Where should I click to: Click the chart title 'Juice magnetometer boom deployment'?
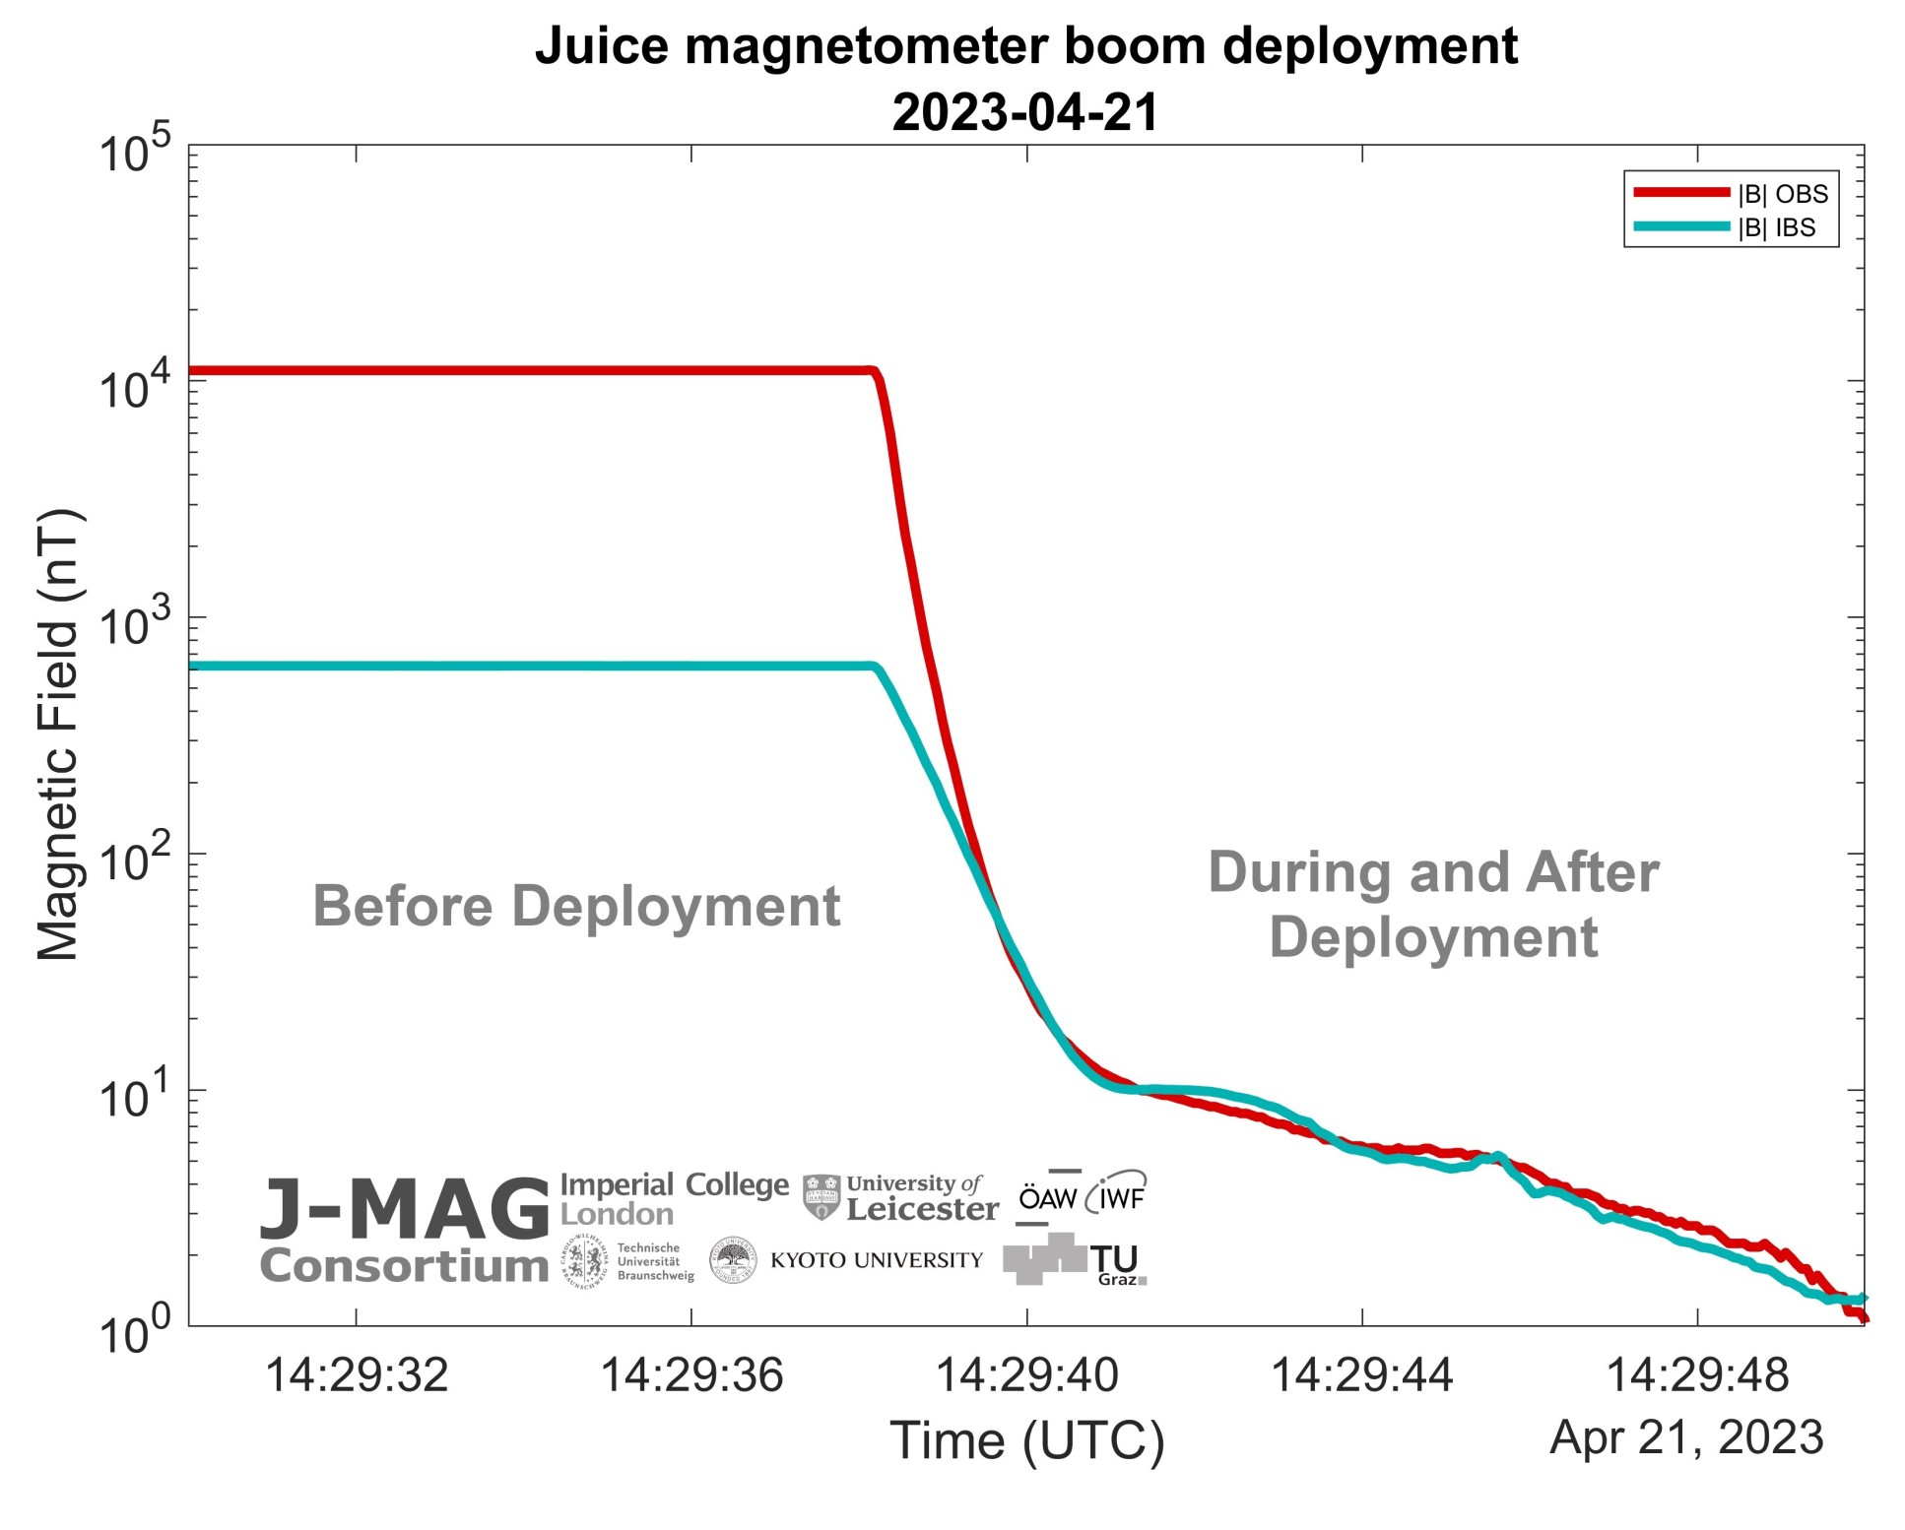[x=1025, y=46]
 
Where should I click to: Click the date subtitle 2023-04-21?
[x=1025, y=112]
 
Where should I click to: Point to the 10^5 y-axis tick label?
[x=135, y=152]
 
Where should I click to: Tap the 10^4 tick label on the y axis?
[x=135, y=386]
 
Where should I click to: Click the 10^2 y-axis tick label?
[x=135, y=860]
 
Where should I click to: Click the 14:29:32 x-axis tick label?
[x=357, y=1374]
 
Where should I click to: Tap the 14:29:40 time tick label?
[x=1026, y=1374]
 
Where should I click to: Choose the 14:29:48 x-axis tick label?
[x=1697, y=1374]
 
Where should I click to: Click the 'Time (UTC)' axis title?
[x=1026, y=1440]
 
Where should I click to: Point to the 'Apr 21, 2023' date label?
[x=1686, y=1437]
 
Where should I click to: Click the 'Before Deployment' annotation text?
[x=576, y=906]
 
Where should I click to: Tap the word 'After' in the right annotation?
[x=1592, y=873]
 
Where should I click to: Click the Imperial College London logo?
[x=674, y=1198]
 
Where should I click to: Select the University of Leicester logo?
[x=900, y=1197]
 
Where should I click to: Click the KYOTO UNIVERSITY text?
[x=877, y=1260]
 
